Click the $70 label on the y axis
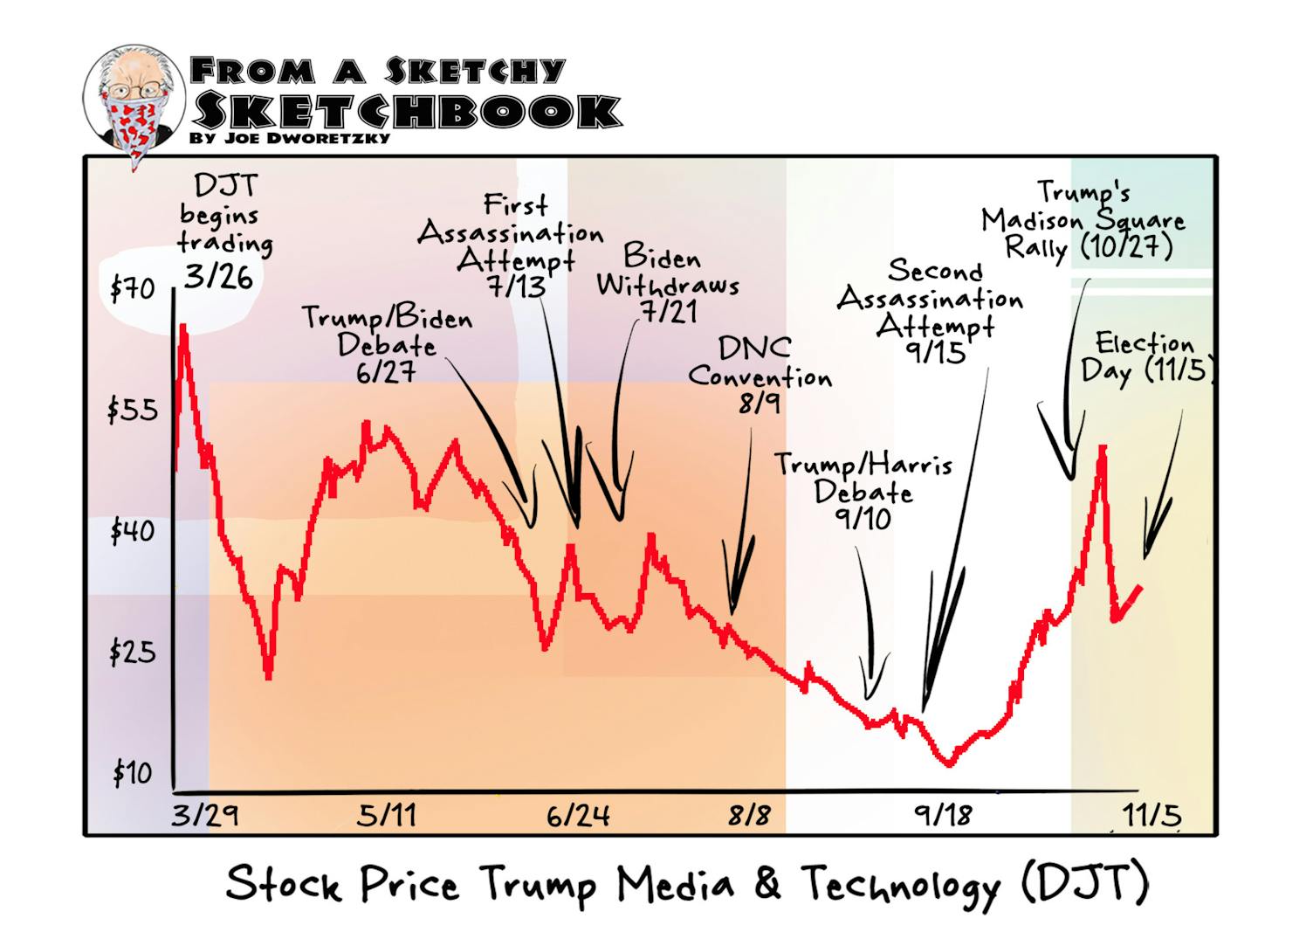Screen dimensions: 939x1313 tap(132, 288)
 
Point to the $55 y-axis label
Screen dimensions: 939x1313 tap(133, 410)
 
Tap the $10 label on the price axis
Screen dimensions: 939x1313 tap(132, 773)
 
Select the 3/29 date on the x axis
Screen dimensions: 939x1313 tap(204, 816)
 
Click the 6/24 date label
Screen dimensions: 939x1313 tap(578, 816)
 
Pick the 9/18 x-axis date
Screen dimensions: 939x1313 tap(943, 816)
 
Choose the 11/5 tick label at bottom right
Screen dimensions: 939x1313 tap(1151, 816)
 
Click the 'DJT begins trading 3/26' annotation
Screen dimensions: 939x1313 tap(223, 232)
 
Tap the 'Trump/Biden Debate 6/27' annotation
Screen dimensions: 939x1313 tap(387, 344)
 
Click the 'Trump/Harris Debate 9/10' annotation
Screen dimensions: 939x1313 tap(863, 491)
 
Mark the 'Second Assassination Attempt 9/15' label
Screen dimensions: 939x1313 tap(931, 311)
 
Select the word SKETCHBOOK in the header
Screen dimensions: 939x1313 tap(406, 111)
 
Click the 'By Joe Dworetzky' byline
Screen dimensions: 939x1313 tap(290, 138)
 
